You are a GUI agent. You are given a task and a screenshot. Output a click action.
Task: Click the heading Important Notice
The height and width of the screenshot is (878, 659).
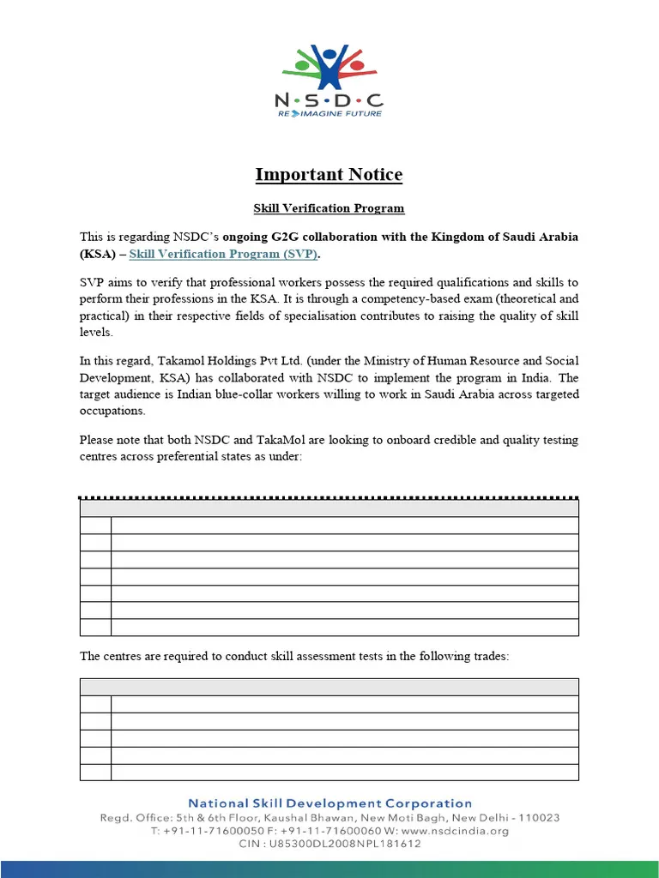pyautogui.click(x=329, y=175)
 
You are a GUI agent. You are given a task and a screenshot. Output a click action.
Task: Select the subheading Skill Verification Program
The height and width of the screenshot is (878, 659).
pyautogui.click(x=329, y=208)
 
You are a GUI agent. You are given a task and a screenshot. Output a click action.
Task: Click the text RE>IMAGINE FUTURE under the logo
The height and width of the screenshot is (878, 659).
pyautogui.click(x=329, y=112)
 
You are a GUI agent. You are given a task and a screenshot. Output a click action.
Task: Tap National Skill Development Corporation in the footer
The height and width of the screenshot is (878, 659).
pyautogui.click(x=329, y=803)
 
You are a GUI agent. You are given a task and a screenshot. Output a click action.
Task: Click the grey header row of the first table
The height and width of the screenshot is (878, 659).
pyautogui.click(x=329, y=508)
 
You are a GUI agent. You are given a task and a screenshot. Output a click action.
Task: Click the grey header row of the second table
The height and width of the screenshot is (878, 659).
pyautogui.click(x=329, y=687)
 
